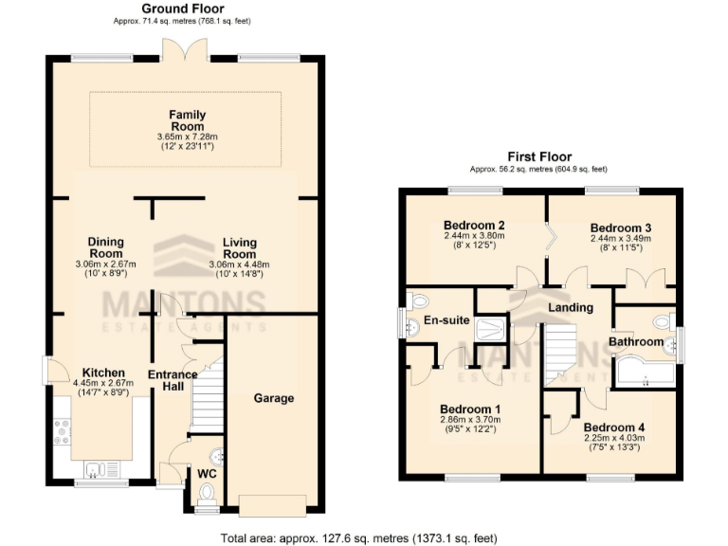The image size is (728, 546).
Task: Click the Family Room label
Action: pyautogui.click(x=187, y=120)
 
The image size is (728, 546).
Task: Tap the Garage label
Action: pyautogui.click(x=273, y=398)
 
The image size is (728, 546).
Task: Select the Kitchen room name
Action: pyautogui.click(x=100, y=373)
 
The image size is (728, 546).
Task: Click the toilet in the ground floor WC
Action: pyautogui.click(x=207, y=492)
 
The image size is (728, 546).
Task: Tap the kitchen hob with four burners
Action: pyautogui.click(x=63, y=430)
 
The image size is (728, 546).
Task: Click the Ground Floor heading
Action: pyautogui.click(x=176, y=8)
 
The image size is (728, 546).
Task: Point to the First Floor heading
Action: pyautogui.click(x=539, y=156)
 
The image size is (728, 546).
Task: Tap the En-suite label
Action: pyautogui.click(x=446, y=320)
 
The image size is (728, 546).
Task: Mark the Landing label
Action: pyautogui.click(x=572, y=307)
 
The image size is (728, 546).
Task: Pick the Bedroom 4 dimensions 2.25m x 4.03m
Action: pyautogui.click(x=613, y=438)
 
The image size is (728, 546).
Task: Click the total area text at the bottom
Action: pyautogui.click(x=358, y=537)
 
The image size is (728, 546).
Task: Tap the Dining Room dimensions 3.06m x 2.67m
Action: pyautogui.click(x=105, y=264)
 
